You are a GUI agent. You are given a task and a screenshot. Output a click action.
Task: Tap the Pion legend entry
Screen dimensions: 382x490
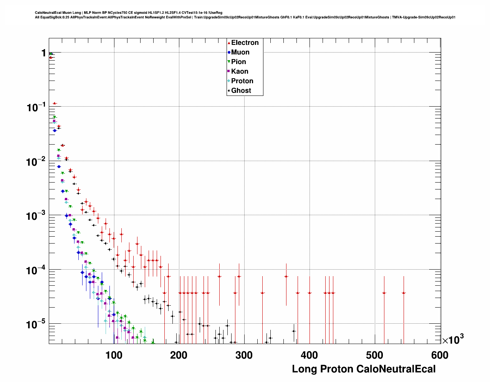point(238,62)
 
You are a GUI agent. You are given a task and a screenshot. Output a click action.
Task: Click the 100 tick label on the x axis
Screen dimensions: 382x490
point(114,355)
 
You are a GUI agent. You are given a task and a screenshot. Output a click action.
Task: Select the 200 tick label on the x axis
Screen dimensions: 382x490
point(179,355)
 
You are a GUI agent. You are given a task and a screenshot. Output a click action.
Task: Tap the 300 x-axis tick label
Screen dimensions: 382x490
point(244,355)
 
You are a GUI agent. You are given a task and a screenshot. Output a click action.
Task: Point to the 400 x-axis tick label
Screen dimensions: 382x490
point(310,355)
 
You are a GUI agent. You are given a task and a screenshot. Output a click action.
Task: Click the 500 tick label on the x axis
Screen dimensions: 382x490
point(375,355)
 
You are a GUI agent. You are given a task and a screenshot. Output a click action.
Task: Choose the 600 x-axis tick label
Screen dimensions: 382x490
point(440,355)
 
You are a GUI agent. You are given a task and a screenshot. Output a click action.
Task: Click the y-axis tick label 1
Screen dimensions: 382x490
point(44,53)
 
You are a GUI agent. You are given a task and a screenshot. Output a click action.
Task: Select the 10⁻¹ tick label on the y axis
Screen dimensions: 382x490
point(36,107)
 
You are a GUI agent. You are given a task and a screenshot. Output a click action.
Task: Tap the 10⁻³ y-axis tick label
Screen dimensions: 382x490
point(36,216)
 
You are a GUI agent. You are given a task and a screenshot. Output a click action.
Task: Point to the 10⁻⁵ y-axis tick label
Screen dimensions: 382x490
point(36,325)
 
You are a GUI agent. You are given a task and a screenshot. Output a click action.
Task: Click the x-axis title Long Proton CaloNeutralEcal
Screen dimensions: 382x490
point(364,369)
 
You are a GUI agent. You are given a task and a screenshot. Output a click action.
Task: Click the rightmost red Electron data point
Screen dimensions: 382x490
point(404,293)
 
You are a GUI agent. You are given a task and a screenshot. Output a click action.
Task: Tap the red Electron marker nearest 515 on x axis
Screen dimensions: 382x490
point(384,293)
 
